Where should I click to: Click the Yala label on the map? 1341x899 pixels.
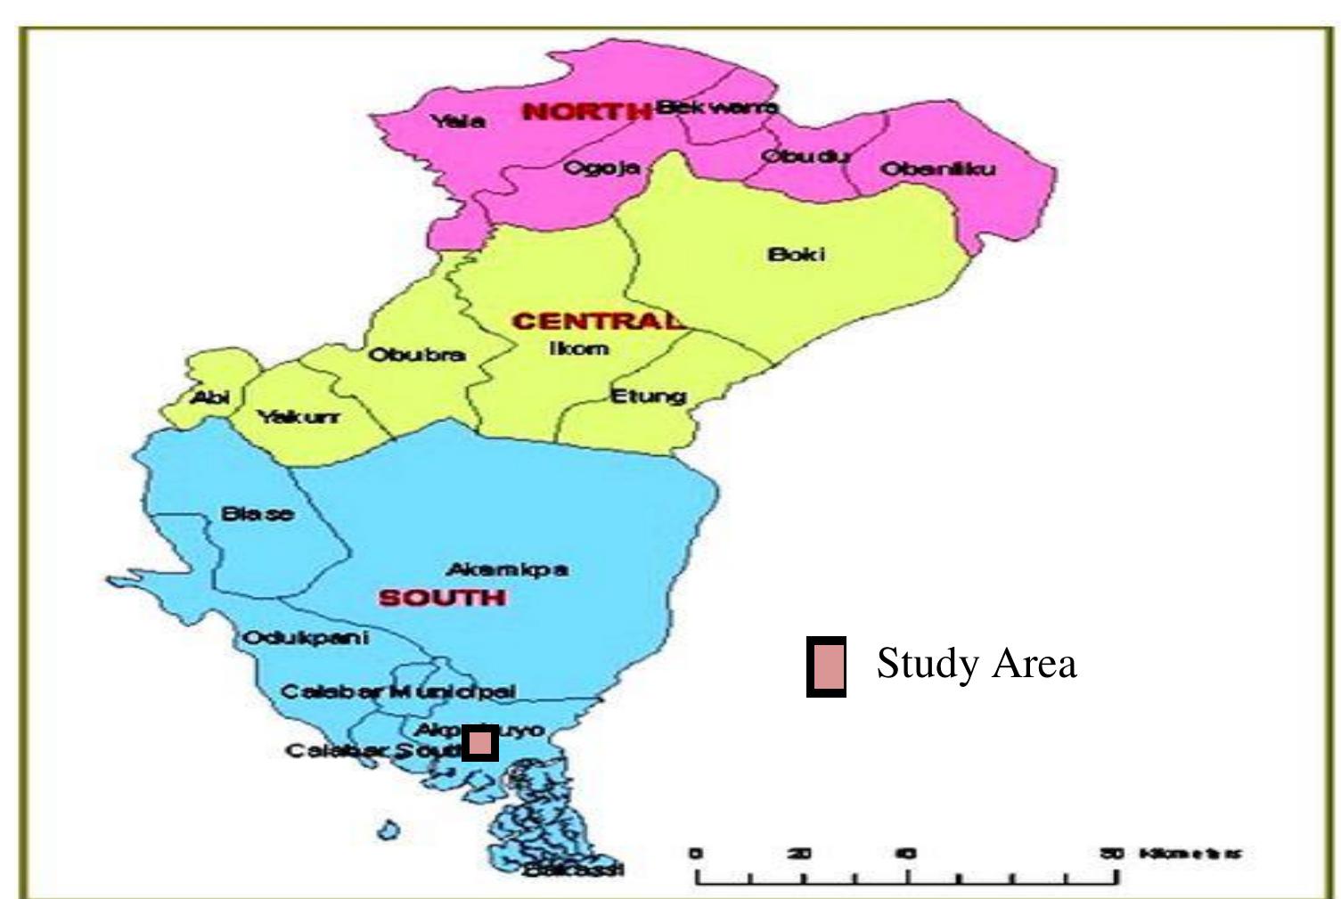pos(459,121)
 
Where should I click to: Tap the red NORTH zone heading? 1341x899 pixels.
pos(586,112)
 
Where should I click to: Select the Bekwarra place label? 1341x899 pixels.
pos(717,108)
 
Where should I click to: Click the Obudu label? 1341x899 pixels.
pos(805,156)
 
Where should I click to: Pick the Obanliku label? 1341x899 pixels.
pos(937,169)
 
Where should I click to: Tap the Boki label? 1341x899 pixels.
pos(797,255)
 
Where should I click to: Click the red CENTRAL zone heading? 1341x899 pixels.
pos(598,321)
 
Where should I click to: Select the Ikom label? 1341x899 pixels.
pos(578,348)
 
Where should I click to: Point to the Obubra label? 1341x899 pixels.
pos(417,355)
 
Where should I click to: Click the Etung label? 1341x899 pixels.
pos(648,396)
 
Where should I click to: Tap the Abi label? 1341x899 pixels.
pos(211,397)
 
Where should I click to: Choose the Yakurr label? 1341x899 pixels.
pos(298,417)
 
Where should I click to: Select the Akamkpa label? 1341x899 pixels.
pos(507,569)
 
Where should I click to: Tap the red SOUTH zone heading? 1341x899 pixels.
pos(443,598)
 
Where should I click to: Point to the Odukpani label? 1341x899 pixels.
pos(306,639)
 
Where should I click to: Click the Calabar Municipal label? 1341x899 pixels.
pos(398,691)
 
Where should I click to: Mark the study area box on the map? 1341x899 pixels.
pos(480,743)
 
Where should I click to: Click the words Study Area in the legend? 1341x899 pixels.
pos(977,664)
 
